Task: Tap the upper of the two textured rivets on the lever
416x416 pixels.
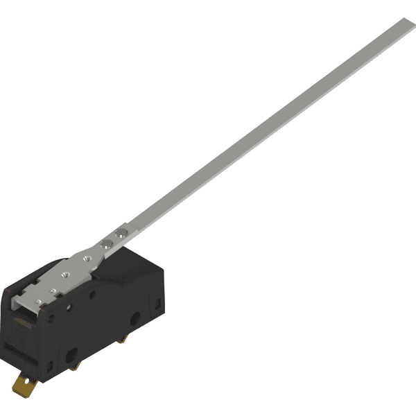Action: tap(122, 232)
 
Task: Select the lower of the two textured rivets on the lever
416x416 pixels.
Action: tap(107, 243)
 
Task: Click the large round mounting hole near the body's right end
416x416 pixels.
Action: tap(136, 318)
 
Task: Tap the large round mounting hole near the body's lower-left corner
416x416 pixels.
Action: tap(72, 355)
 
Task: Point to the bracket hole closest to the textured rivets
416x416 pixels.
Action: tap(87, 259)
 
